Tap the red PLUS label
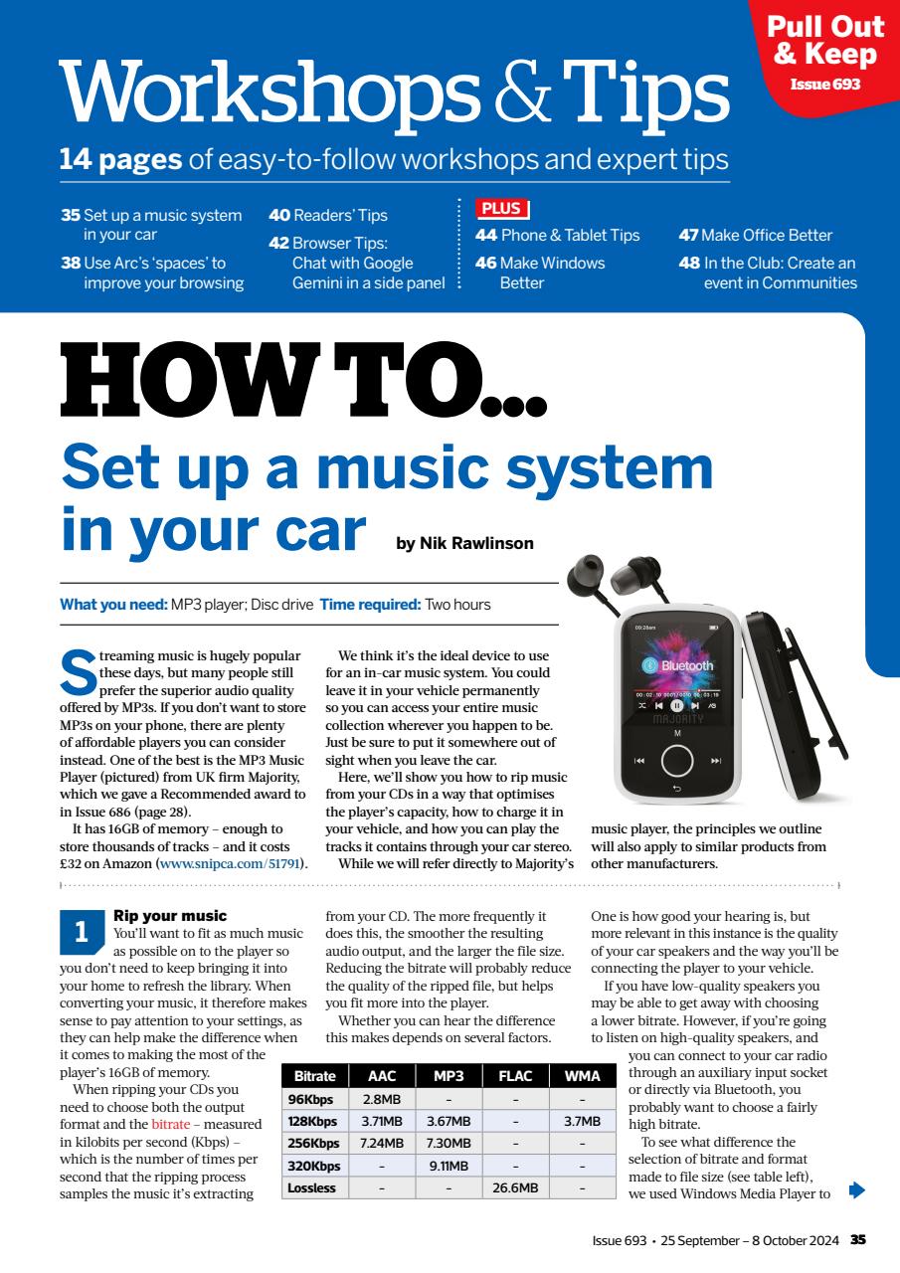click(502, 209)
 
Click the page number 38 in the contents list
click(70, 264)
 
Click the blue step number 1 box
click(82, 932)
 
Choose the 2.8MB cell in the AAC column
click(380, 1099)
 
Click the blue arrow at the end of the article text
click(857, 1188)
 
